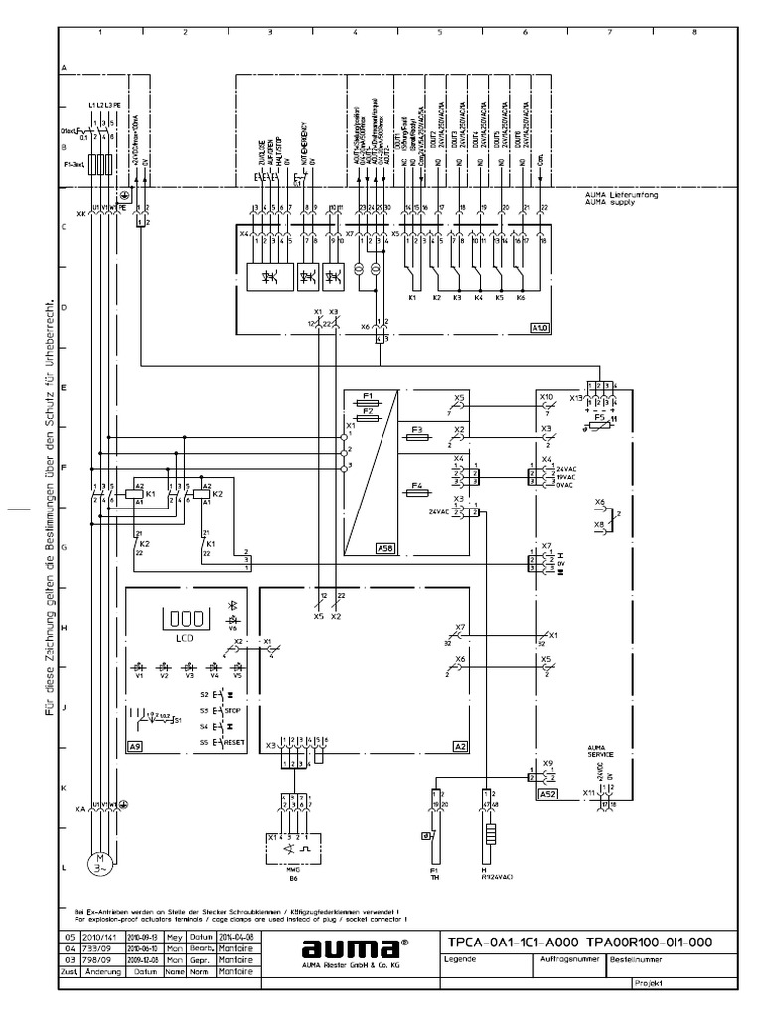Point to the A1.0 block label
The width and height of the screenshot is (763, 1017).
tap(539, 326)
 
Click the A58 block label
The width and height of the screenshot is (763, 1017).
tap(384, 547)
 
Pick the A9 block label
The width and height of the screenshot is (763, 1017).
tap(135, 744)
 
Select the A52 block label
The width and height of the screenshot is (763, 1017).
tap(548, 795)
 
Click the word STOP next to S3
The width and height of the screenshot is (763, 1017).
tap(233, 711)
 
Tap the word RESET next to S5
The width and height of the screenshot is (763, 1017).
tap(235, 742)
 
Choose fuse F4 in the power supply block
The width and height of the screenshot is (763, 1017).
tap(417, 488)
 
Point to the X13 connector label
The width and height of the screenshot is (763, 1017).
tap(576, 397)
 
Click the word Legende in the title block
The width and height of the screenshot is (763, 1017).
tap(460, 960)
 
